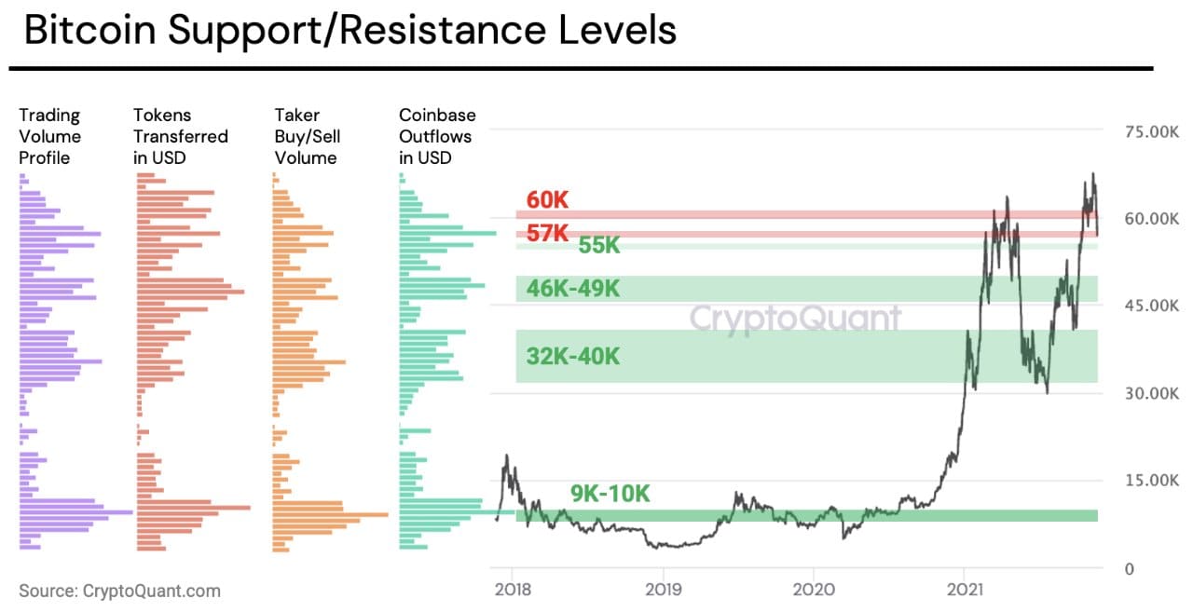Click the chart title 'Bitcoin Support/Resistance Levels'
point(350,30)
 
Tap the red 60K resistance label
point(547,200)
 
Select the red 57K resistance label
point(547,233)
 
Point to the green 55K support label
point(599,246)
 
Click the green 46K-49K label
point(572,289)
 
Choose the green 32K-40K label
point(572,357)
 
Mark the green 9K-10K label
point(610,494)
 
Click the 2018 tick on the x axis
point(513,589)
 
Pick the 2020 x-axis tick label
point(813,589)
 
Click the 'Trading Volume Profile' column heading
point(50,136)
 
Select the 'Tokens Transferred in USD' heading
point(180,136)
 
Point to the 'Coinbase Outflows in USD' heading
point(437,136)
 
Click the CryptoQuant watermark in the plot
point(795,319)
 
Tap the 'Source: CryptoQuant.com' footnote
point(120,591)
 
